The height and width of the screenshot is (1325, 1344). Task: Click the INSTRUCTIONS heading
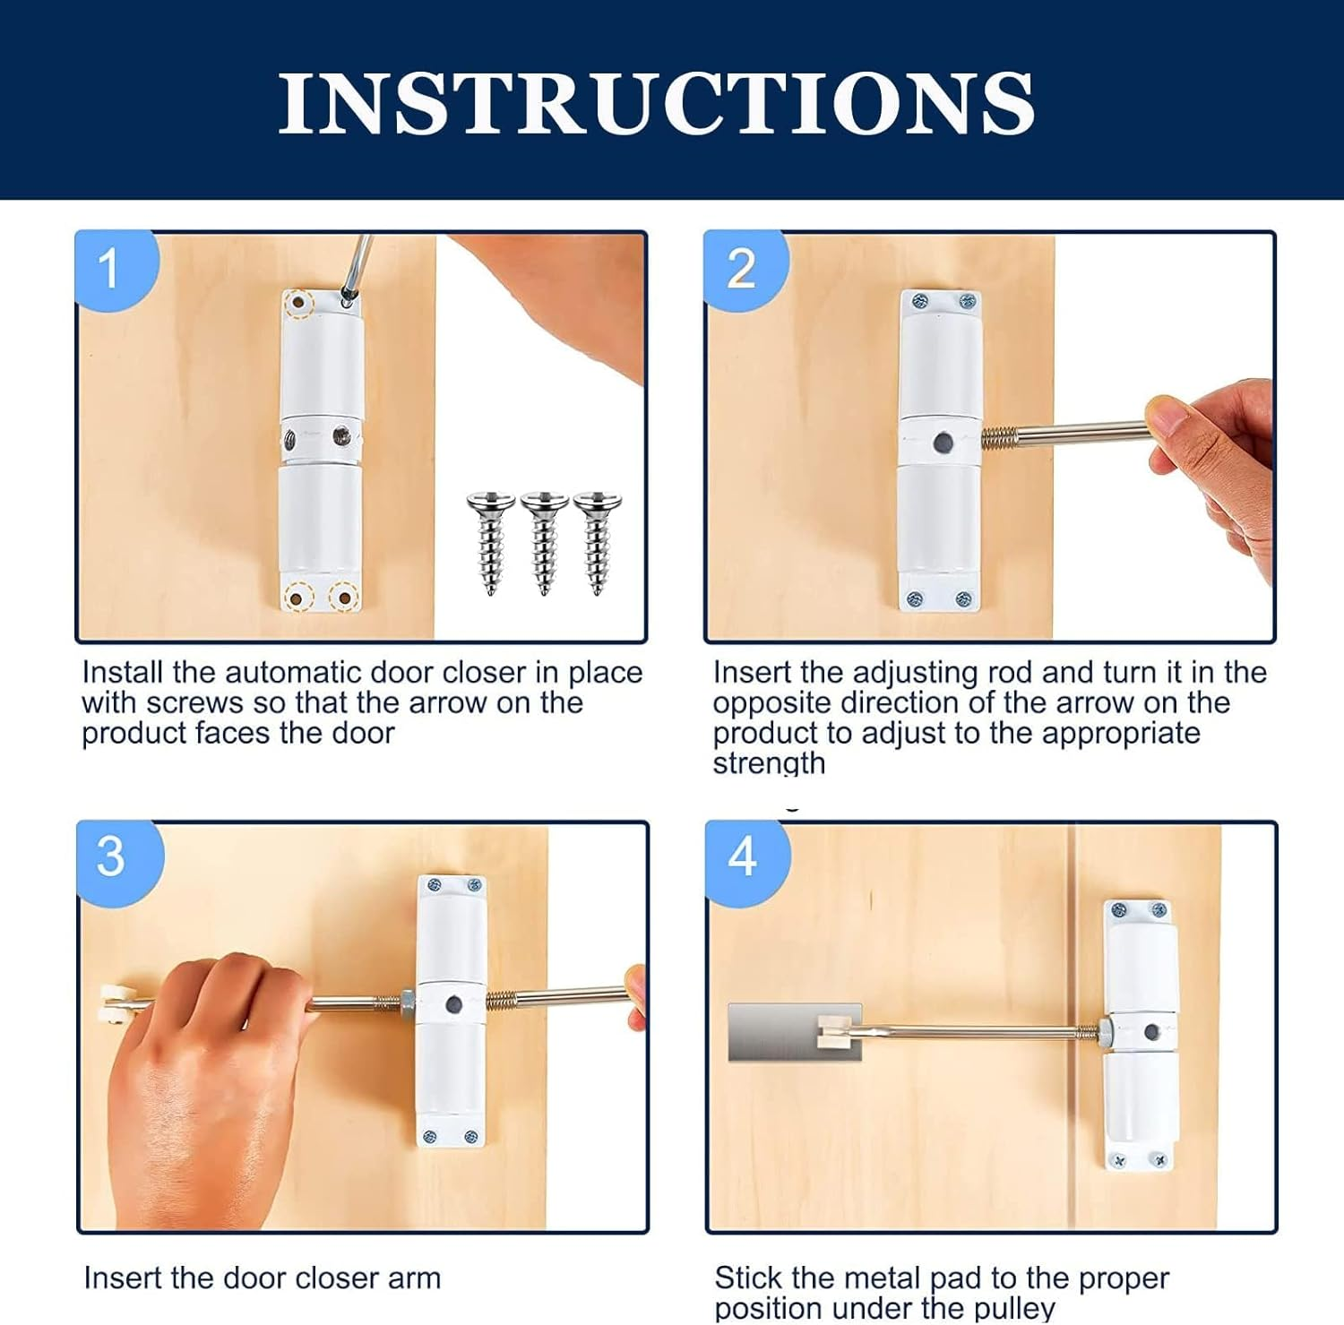click(656, 104)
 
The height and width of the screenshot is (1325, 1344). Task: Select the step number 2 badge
click(741, 269)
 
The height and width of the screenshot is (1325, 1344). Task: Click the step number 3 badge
click(111, 857)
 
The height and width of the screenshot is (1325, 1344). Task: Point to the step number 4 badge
click(742, 857)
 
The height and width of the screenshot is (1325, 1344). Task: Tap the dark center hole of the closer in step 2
click(943, 443)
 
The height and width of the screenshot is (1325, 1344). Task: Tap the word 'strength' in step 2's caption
click(769, 763)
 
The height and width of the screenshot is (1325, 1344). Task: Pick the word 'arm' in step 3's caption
click(414, 1278)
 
